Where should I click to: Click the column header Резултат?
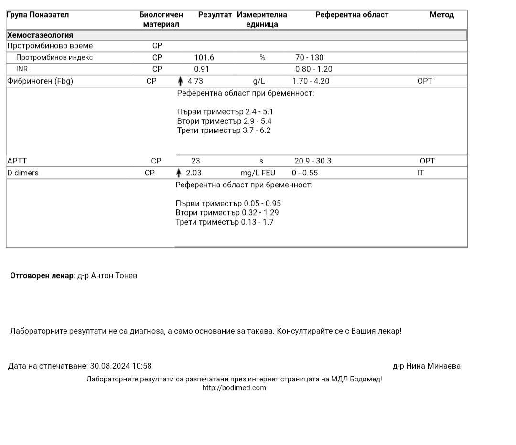(215, 15)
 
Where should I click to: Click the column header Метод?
(441, 15)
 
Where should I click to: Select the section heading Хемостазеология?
(40, 35)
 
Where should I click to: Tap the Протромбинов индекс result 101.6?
(204, 58)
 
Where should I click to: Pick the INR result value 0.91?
(202, 69)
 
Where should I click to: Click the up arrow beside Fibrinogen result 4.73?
(180, 81)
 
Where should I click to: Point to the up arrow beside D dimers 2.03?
(179, 173)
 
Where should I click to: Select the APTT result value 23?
(195, 161)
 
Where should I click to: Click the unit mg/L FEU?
(258, 173)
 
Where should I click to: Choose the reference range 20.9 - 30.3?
(312, 161)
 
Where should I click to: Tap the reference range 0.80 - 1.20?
(313, 69)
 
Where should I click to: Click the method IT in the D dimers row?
(420, 173)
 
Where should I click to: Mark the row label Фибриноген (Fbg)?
(40, 81)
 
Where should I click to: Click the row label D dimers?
(23, 173)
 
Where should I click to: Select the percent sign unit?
(262, 58)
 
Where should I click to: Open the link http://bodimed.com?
(234, 388)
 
